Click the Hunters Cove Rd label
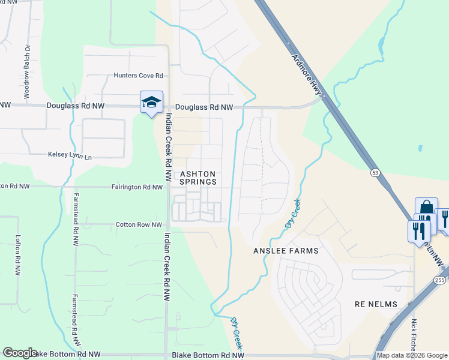tap(139, 76)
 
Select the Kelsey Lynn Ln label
tap(70, 155)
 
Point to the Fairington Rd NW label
tap(137, 187)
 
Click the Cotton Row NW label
tap(139, 225)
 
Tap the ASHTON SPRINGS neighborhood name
tap(198, 177)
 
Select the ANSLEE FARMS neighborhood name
tap(286, 250)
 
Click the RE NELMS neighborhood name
tap(376, 304)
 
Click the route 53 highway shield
tap(375, 173)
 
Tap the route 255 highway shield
tap(439, 280)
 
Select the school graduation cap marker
tap(151, 101)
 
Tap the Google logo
tap(20, 353)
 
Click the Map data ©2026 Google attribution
tap(411, 355)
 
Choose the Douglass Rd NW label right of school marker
tap(204, 107)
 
